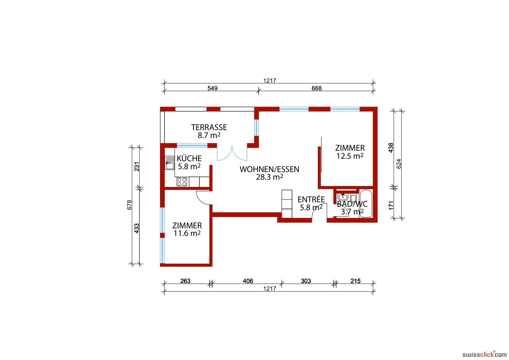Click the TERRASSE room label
[209, 128]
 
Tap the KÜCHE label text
[189, 158]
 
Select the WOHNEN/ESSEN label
[269, 169]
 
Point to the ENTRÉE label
[311, 199]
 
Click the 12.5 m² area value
[350, 156]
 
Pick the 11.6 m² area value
[187, 233]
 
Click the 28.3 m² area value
[269, 177]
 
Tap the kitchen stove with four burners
[182, 182]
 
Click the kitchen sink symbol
[170, 163]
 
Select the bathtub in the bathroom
[366, 204]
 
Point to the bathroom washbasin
[343, 197]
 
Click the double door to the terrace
[232, 153]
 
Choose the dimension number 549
[213, 88]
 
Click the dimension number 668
[317, 88]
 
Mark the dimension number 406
[248, 281]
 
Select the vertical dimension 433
[136, 228]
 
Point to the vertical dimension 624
[399, 164]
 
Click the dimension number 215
[355, 281]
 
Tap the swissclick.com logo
[484, 354]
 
